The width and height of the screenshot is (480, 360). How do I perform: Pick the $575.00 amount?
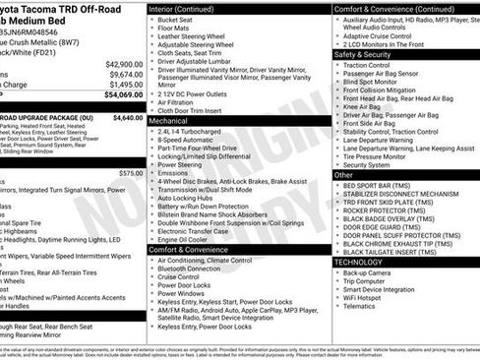(x=131, y=172)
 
